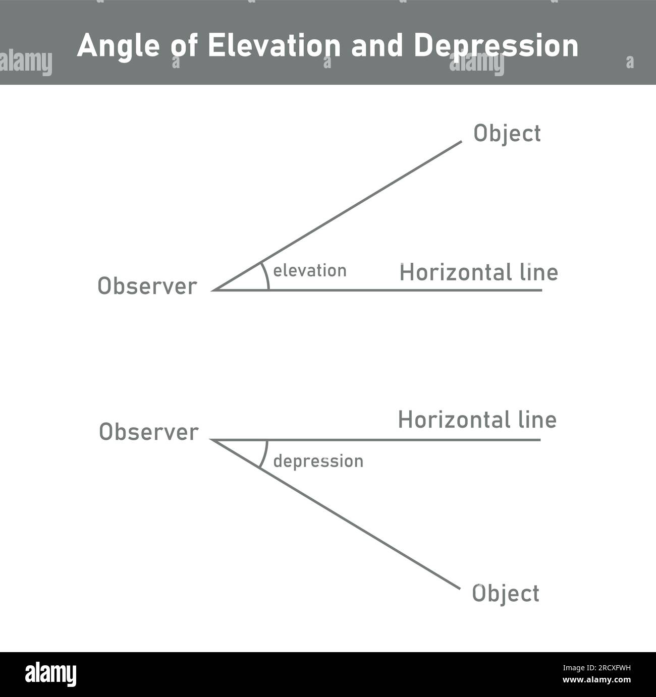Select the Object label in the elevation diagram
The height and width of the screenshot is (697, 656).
(x=507, y=134)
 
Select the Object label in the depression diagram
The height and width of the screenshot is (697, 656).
(x=505, y=594)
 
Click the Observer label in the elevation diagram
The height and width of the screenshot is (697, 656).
(x=147, y=286)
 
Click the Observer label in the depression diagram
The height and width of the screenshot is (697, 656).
(x=148, y=432)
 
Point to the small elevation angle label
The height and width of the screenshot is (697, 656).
(x=309, y=271)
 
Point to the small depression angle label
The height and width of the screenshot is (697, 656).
(x=318, y=461)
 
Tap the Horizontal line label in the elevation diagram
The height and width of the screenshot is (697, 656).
(x=478, y=273)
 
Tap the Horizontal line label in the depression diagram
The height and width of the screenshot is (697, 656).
(x=477, y=420)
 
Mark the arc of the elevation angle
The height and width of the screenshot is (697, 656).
(x=266, y=276)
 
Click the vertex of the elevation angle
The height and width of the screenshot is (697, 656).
(x=214, y=290)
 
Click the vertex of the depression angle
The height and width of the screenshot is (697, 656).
(x=212, y=440)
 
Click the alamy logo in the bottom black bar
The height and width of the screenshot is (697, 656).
(x=50, y=675)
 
